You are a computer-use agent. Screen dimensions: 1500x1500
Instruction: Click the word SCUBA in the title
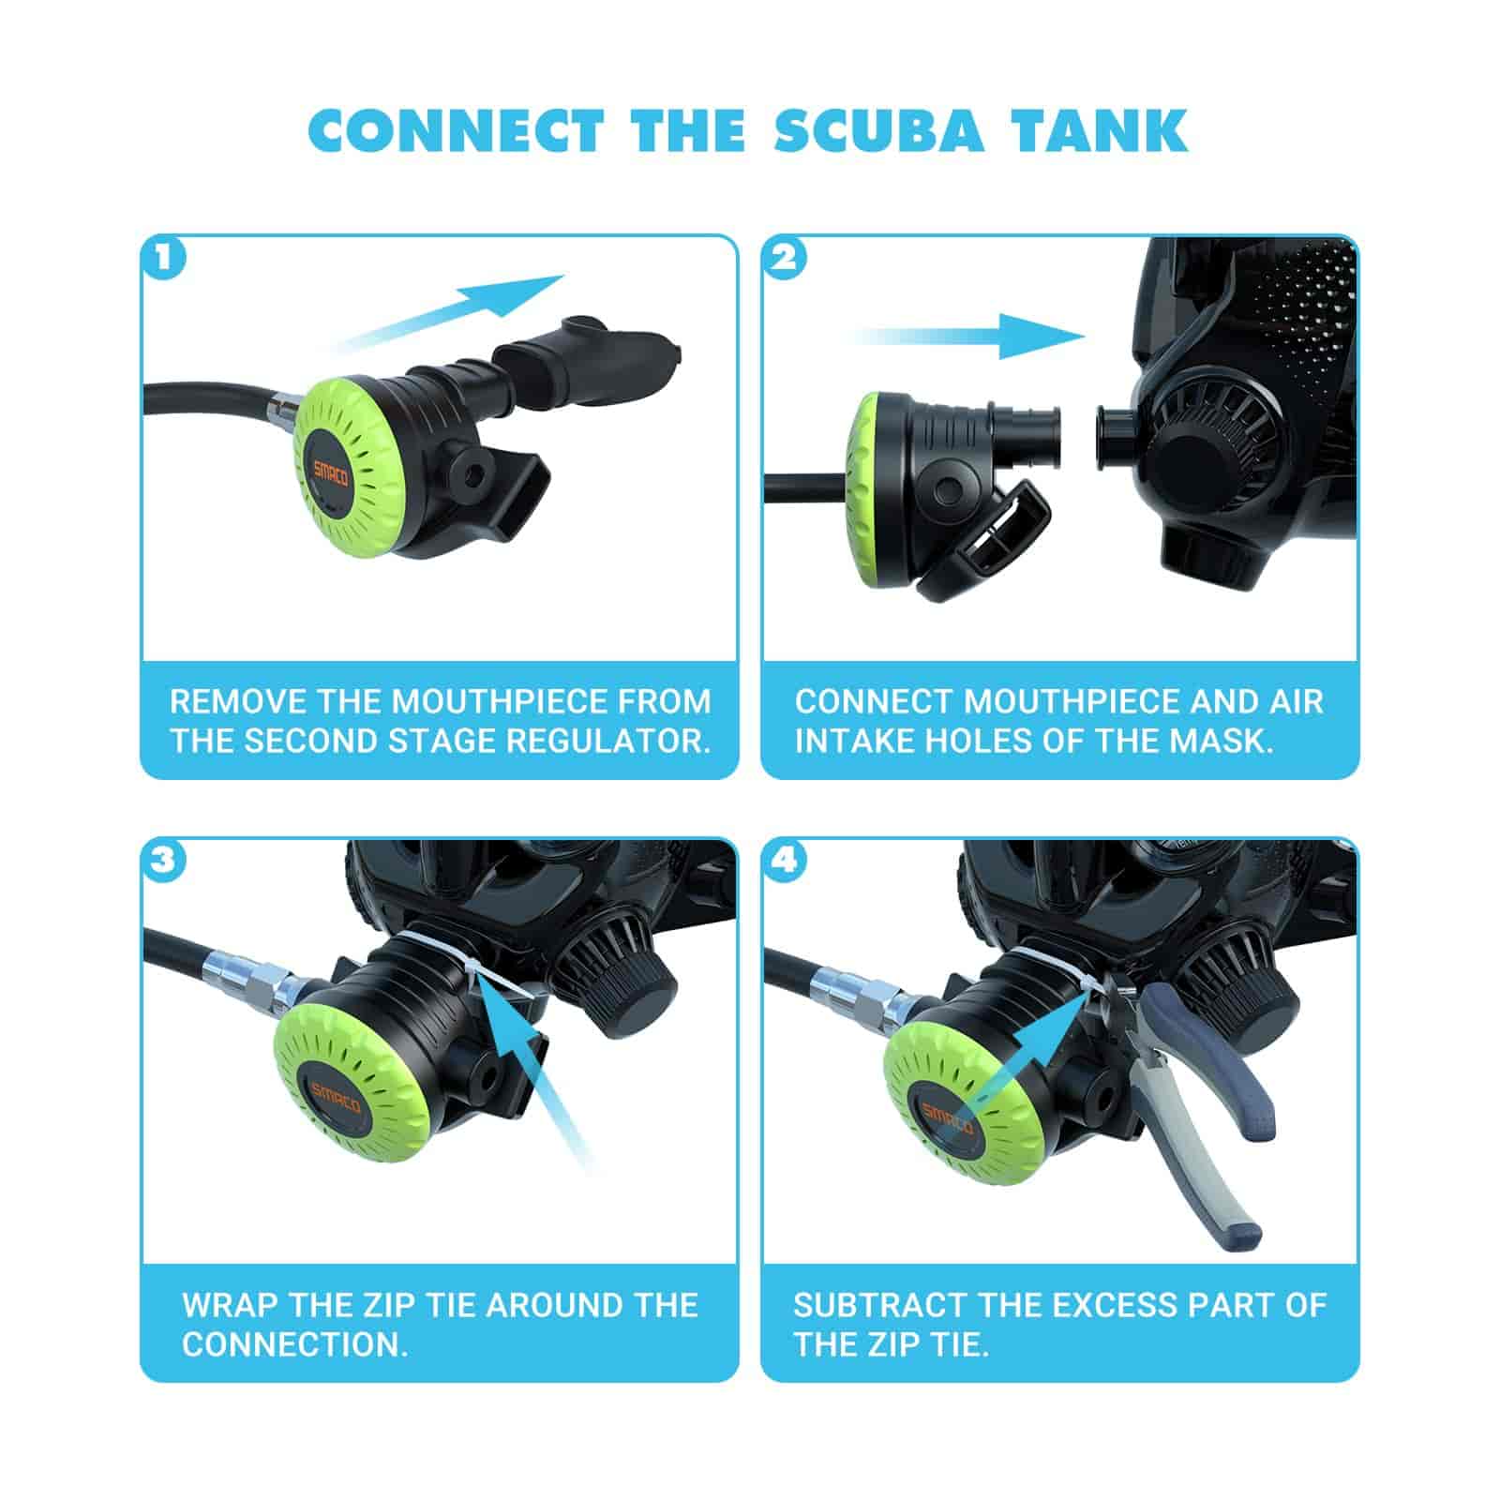tap(880, 130)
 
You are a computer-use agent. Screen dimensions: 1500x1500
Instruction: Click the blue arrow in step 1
tap(450, 314)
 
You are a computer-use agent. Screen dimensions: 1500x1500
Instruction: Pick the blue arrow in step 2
tap(970, 337)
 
